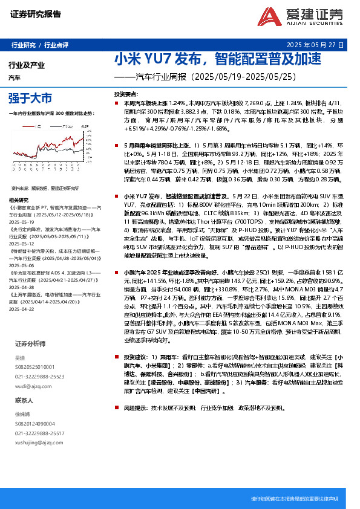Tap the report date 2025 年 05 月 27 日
[x=315, y=45]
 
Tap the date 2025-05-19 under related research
[x=24, y=204]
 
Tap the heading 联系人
[x=24, y=400]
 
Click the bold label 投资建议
[x=136, y=357]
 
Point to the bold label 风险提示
[x=136, y=408]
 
